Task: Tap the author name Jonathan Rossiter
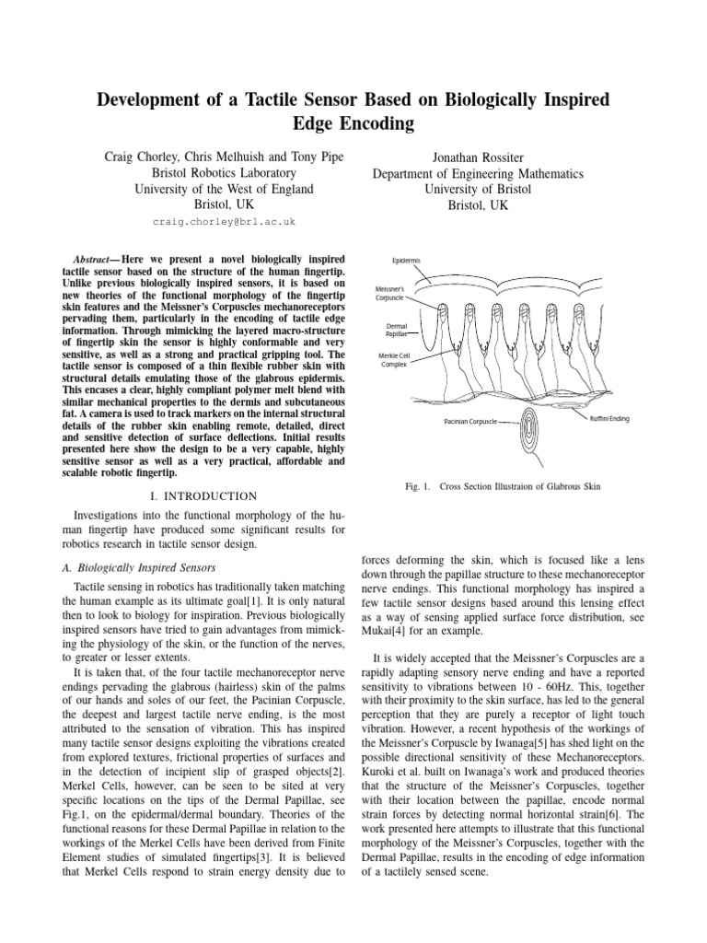477,157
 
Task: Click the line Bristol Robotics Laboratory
224,173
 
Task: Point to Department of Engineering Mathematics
477,173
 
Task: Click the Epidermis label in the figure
407,261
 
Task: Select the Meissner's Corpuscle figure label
394,294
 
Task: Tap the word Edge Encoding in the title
353,123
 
